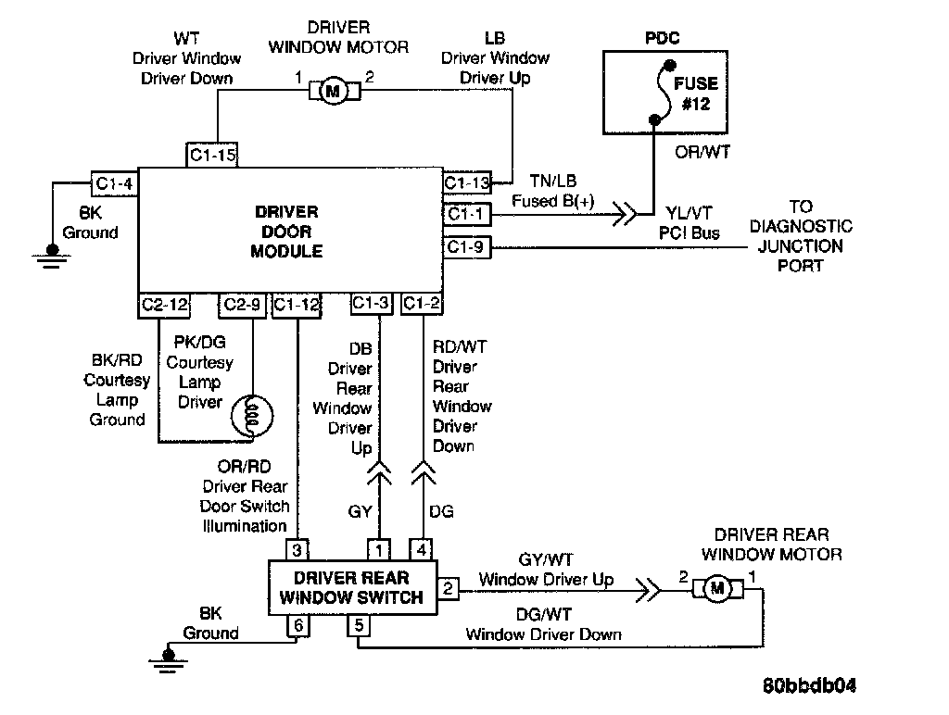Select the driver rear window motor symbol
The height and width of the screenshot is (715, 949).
[716, 587]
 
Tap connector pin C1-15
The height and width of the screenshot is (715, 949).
[213, 156]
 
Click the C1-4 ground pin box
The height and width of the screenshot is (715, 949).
[114, 183]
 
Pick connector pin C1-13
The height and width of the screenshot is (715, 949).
[467, 182]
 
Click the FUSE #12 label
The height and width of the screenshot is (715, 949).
[695, 94]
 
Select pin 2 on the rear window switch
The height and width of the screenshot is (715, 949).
[449, 588]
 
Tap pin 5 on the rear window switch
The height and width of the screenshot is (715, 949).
[358, 625]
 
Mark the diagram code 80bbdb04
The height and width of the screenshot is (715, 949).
[809, 686]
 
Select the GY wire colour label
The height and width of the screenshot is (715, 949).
[361, 510]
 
